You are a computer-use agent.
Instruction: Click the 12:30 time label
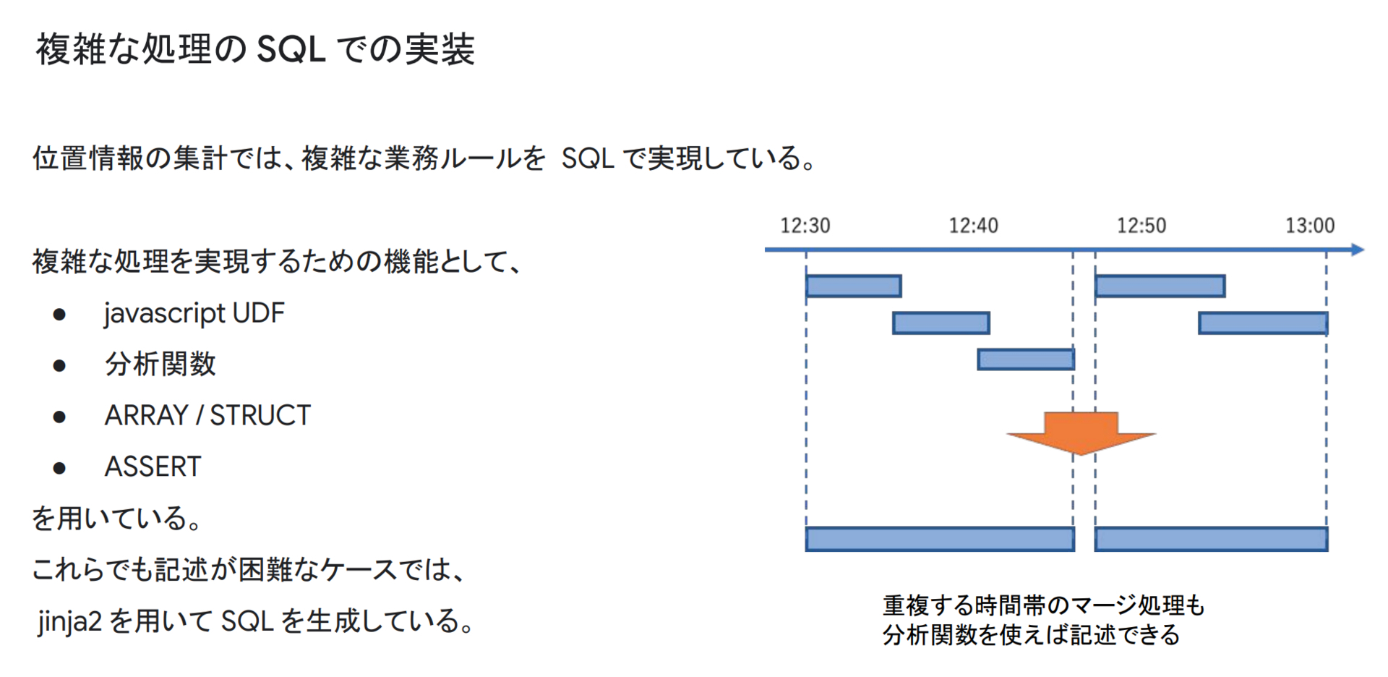click(x=805, y=226)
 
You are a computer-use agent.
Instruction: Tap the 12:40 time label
click(x=973, y=226)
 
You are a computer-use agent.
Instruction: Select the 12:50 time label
click(x=1141, y=226)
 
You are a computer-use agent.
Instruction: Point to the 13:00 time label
click(x=1310, y=226)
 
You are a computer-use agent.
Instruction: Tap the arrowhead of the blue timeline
click(x=1358, y=250)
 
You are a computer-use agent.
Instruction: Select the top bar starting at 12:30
click(x=854, y=286)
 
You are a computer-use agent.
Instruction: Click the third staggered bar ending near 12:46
click(x=1026, y=359)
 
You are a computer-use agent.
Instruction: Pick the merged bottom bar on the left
click(x=940, y=539)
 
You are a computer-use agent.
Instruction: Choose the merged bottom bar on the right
click(x=1211, y=539)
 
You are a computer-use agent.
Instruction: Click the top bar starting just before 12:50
click(x=1160, y=286)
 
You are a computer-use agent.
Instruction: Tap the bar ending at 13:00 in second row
click(x=1263, y=323)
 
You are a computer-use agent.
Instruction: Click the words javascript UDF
click(x=194, y=314)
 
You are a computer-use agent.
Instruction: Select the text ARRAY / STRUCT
click(x=207, y=415)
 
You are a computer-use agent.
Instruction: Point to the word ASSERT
click(x=153, y=467)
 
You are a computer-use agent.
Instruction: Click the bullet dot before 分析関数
click(x=59, y=365)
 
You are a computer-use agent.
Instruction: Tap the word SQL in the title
click(x=291, y=49)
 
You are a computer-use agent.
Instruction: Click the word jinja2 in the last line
click(x=70, y=621)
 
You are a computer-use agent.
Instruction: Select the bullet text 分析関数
click(x=160, y=364)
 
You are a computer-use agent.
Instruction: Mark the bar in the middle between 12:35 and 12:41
click(x=941, y=323)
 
